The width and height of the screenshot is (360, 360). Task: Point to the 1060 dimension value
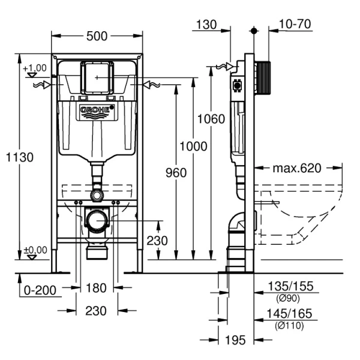211,118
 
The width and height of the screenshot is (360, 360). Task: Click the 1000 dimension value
193,146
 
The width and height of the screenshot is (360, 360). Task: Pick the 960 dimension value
176,173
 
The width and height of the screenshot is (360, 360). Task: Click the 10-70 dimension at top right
295,24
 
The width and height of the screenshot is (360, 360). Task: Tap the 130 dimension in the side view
205,24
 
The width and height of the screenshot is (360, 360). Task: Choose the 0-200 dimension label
40,290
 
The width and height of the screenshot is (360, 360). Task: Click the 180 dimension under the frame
95,288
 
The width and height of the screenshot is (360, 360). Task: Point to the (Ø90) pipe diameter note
289,298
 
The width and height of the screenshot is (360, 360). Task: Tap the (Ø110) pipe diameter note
290,325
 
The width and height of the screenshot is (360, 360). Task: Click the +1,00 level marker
35,68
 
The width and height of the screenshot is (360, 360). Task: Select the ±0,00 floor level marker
35,250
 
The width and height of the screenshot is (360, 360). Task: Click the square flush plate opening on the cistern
96,77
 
